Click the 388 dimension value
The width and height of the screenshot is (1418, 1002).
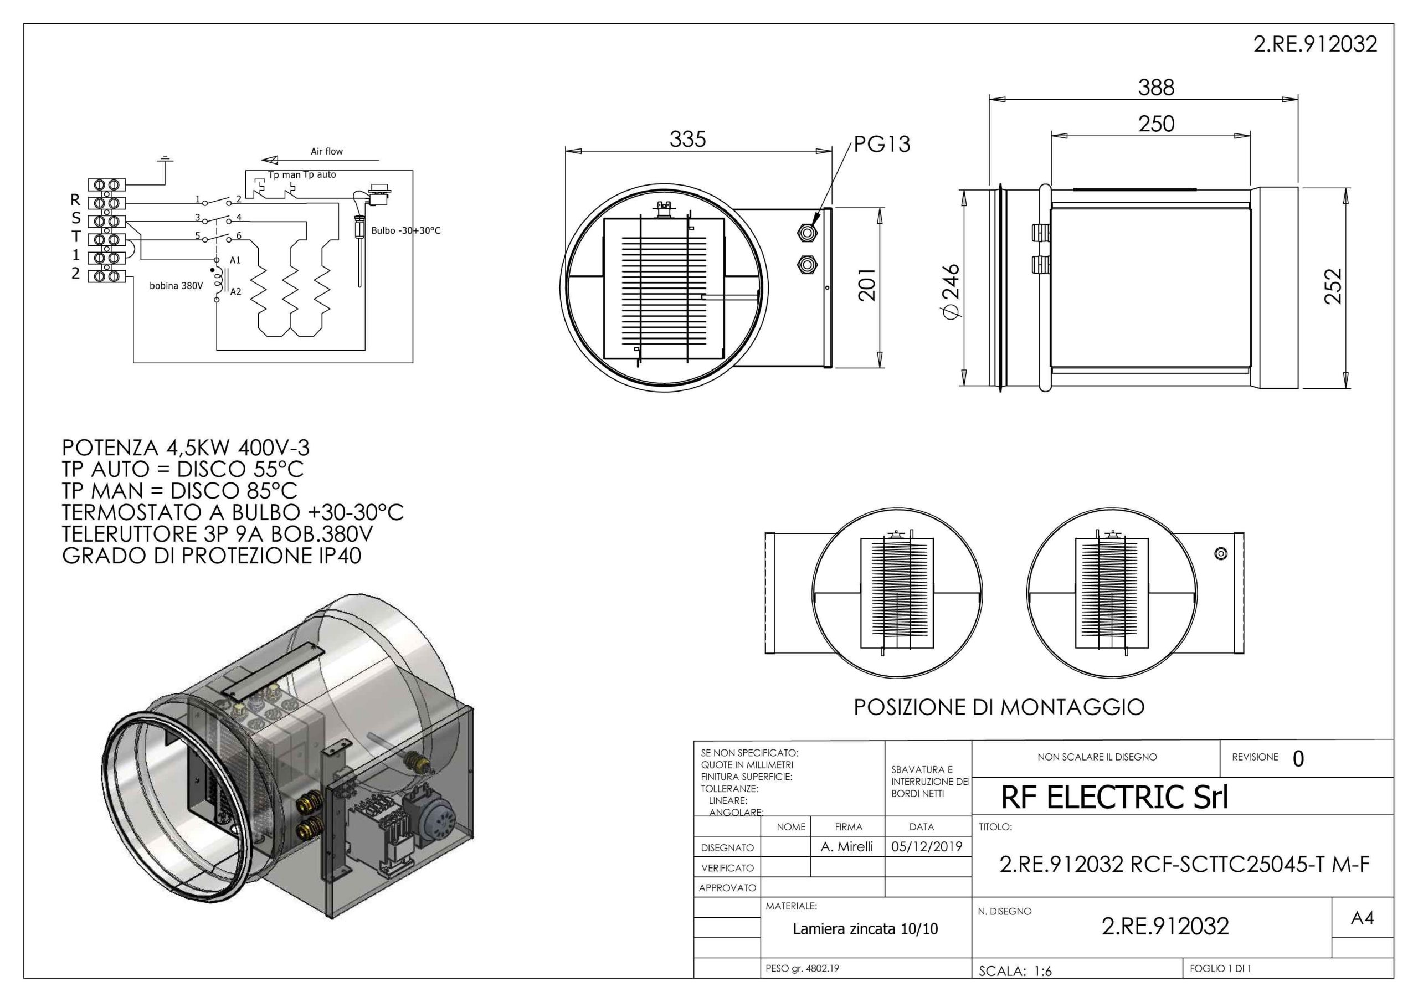[x=1156, y=88]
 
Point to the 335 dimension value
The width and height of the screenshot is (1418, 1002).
[x=687, y=140]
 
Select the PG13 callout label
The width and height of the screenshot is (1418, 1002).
[x=882, y=144]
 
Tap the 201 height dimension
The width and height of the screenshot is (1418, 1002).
[x=868, y=284]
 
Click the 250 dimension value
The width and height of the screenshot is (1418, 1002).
[x=1156, y=124]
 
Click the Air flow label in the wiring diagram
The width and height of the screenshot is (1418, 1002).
[x=327, y=151]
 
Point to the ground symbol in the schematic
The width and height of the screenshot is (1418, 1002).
[x=165, y=161]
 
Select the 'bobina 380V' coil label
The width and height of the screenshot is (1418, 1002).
[x=176, y=286]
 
